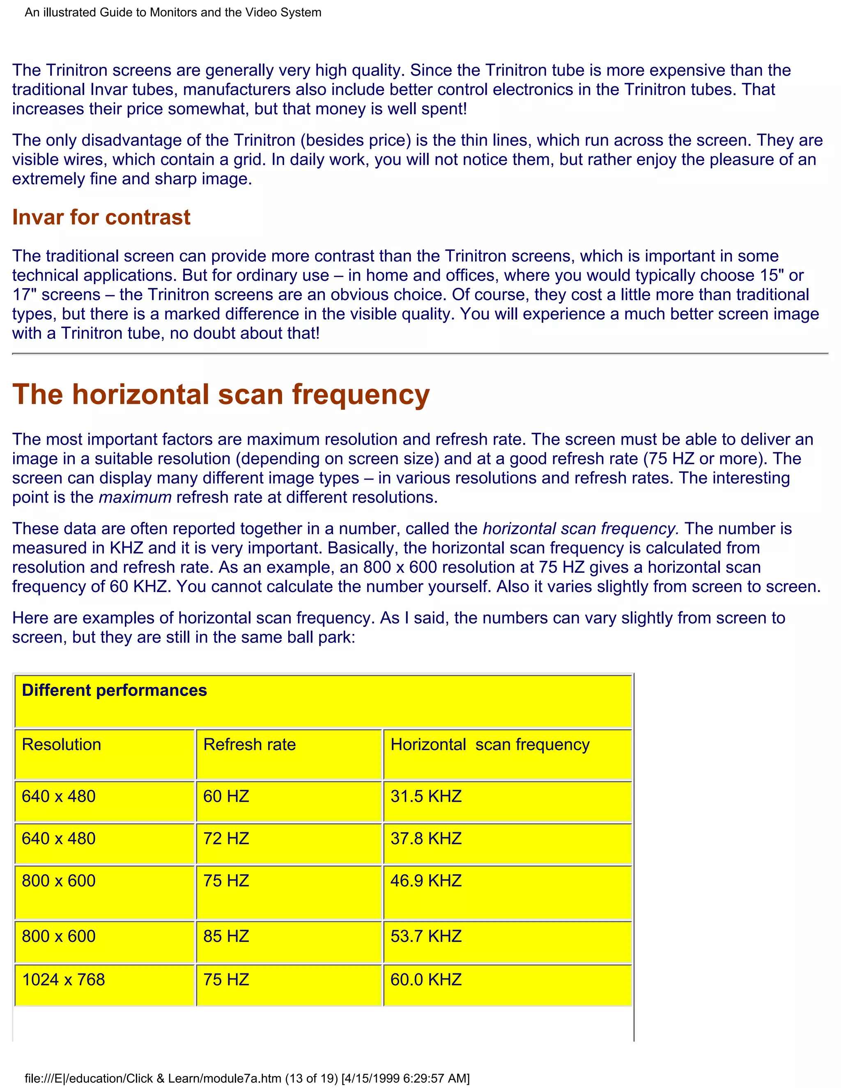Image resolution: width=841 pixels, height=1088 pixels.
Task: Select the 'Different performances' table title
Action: click(114, 691)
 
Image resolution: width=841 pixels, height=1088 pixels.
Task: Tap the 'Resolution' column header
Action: click(61, 745)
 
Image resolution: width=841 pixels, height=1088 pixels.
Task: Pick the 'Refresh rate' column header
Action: click(249, 745)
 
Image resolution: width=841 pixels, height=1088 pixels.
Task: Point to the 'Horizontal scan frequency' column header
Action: click(490, 745)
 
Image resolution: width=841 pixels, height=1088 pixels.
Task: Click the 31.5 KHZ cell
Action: click(426, 796)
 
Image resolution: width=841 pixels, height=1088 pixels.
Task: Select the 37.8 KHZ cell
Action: click(426, 839)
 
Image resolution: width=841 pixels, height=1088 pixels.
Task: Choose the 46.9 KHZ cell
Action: click(426, 881)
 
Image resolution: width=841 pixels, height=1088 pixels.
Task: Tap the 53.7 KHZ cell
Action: click(426, 937)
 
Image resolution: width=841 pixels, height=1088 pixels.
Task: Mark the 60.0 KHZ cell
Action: click(426, 980)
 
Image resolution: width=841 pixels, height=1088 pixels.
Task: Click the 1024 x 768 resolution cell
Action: click(63, 980)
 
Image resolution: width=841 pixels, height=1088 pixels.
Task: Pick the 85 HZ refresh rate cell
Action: click(226, 937)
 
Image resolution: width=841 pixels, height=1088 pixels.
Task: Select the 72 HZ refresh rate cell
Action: click(226, 839)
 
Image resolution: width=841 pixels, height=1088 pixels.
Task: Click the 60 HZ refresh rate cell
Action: click(226, 796)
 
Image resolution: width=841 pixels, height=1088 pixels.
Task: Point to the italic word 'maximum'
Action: click(135, 497)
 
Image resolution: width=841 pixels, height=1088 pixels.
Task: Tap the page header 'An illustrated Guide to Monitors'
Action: click(173, 12)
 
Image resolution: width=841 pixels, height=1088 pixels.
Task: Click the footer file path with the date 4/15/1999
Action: click(247, 1079)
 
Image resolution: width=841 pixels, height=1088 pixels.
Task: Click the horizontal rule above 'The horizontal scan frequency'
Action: click(420, 353)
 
